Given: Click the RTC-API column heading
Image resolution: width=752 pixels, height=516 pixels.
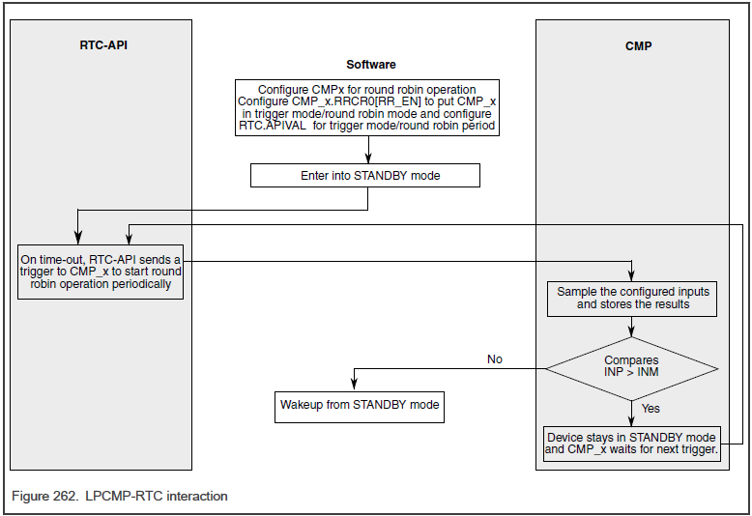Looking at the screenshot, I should tap(102, 45).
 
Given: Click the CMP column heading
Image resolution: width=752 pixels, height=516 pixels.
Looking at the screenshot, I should tap(638, 45).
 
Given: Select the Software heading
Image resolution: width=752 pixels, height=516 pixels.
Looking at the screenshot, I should tap(370, 65).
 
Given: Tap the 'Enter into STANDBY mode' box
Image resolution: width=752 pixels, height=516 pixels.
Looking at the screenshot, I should tap(365, 176).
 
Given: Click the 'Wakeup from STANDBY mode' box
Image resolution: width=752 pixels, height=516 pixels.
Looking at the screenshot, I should tap(360, 405).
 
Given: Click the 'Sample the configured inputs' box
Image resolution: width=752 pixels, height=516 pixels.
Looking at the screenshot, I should tap(632, 299).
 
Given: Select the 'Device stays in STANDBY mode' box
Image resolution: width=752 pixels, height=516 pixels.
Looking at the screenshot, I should tap(632, 444).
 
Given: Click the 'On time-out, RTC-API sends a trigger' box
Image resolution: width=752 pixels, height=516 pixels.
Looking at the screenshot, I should tap(101, 272).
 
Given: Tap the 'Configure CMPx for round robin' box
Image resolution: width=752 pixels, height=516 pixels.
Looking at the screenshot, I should tap(367, 108).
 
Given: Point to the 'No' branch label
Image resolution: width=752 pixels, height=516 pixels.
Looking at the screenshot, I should tap(494, 359).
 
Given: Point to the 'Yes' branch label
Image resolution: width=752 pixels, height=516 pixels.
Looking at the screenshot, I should tap(651, 409).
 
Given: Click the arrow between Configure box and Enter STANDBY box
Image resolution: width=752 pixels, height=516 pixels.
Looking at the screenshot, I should tap(367, 149).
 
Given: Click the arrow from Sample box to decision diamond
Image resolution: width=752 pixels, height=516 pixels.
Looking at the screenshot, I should tap(632, 327).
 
